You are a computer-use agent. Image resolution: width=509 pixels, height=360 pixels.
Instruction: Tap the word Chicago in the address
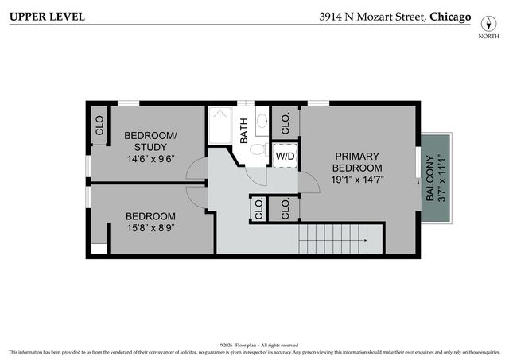click(449, 17)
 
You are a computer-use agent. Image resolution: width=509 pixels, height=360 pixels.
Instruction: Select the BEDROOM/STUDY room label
click(150, 141)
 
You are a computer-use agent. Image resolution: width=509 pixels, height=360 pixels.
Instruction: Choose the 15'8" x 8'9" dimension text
click(150, 228)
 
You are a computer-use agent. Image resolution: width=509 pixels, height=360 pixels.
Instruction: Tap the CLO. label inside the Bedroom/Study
click(100, 125)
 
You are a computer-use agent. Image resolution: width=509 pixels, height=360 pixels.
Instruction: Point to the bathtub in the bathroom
click(220, 126)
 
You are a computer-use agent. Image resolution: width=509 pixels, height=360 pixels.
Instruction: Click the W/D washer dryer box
click(284, 157)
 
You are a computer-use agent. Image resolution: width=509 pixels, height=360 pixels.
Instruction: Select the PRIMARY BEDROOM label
click(356, 162)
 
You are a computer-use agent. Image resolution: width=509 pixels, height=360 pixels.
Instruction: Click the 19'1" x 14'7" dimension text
click(356, 180)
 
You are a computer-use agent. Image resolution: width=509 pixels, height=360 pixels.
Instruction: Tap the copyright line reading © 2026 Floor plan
click(258, 345)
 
